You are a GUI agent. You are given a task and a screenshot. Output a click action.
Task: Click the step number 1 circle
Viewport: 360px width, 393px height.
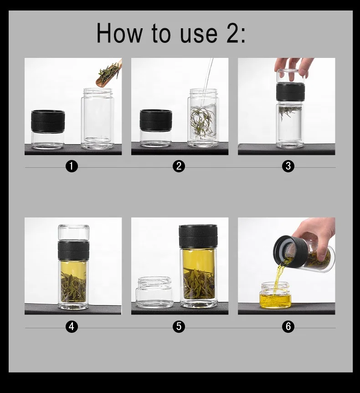(x=72, y=166)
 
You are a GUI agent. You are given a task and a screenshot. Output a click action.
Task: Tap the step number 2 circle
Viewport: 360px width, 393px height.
(x=179, y=166)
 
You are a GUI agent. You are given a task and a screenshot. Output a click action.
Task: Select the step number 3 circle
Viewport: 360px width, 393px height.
(x=288, y=166)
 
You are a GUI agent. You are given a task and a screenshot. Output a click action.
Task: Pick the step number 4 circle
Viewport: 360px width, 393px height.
(x=72, y=326)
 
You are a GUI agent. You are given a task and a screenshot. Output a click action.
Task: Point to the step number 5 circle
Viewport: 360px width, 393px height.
(x=179, y=326)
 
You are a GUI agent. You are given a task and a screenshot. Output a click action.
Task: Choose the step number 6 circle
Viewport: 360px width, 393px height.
(x=288, y=326)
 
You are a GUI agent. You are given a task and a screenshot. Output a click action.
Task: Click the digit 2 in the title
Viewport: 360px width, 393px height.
(x=233, y=33)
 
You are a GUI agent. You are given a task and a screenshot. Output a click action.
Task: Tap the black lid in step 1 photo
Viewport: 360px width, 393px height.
(x=48, y=121)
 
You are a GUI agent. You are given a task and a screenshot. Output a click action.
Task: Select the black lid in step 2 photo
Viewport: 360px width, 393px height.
(x=156, y=120)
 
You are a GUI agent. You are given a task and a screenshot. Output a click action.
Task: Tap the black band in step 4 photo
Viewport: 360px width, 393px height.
(x=74, y=250)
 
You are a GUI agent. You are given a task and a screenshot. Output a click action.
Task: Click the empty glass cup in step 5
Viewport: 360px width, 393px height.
(x=154, y=292)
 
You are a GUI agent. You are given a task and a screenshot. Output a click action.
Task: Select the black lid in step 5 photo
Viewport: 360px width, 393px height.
(x=198, y=236)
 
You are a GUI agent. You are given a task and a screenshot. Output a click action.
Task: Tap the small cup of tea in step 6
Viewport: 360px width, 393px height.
(x=275, y=295)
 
